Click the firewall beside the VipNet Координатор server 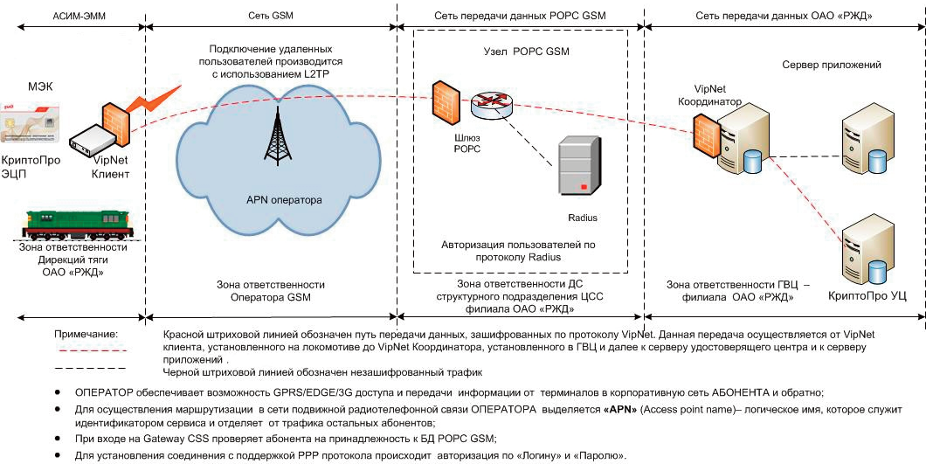point(708,134)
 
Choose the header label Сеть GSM point(270,17)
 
